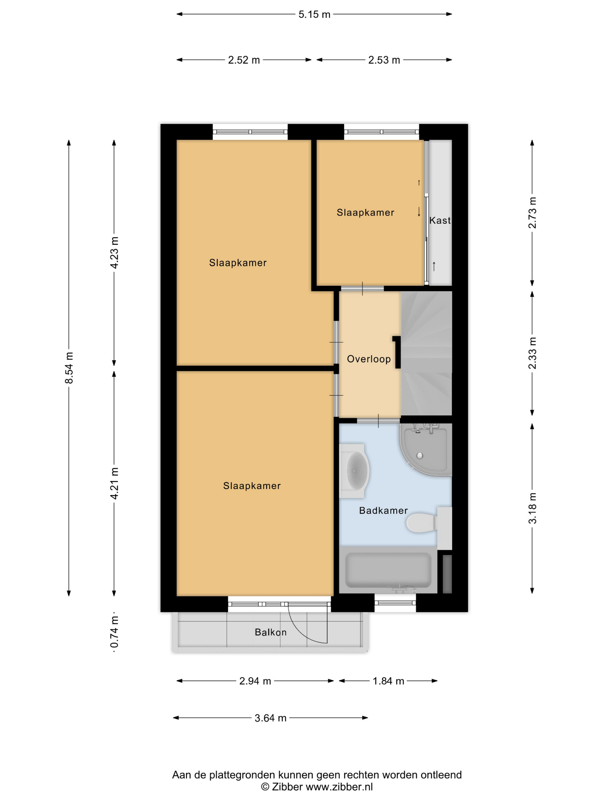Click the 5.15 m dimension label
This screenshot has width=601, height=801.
tap(314, 15)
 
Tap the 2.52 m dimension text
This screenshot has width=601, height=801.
tap(244, 60)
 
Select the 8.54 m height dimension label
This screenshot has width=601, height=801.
tap(69, 368)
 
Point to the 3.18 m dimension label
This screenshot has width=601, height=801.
tap(532, 508)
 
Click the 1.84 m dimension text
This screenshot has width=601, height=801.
tap(388, 681)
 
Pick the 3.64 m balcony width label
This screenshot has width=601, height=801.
tap(270, 718)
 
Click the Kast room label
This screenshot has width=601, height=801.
tap(440, 220)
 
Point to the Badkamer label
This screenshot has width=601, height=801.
tap(383, 511)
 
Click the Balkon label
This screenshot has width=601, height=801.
tap(271, 632)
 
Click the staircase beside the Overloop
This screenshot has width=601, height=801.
tap(426, 353)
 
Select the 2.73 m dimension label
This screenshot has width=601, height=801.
tap(532, 213)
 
